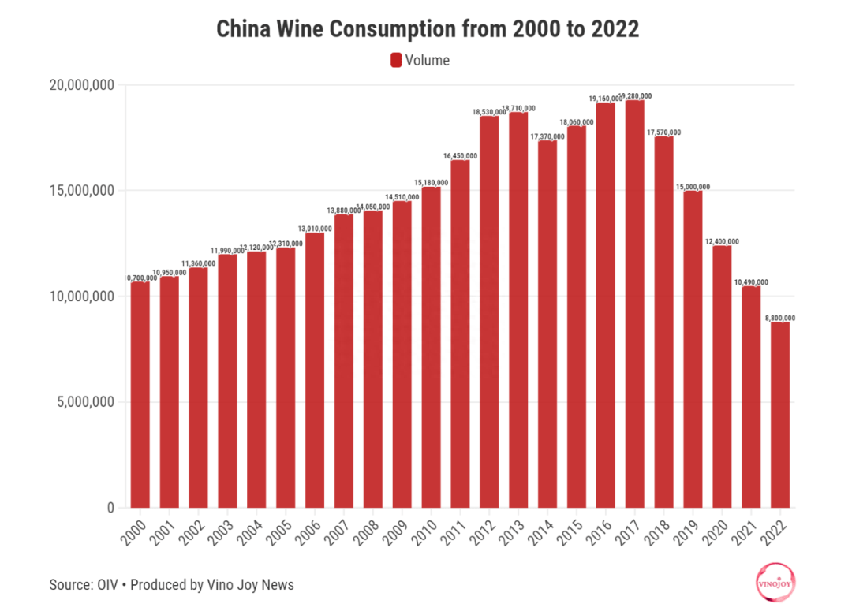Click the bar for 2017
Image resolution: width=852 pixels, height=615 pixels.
tap(634, 304)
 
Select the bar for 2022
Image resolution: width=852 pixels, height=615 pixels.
tap(780, 414)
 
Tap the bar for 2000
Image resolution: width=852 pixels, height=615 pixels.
tap(140, 394)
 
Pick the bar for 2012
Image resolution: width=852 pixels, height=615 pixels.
tap(489, 311)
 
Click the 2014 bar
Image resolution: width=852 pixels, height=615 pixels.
tap(547, 323)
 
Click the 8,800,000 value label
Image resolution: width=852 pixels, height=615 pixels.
tap(779, 318)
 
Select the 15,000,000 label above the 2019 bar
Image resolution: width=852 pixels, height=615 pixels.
tap(693, 187)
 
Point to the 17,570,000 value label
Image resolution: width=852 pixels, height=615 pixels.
tap(663, 132)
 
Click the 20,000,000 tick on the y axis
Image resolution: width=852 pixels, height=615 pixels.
tap(76, 85)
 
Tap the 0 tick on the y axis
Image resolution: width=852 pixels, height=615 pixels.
tap(110, 508)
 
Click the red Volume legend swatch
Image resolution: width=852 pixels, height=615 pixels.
tap(396, 60)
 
